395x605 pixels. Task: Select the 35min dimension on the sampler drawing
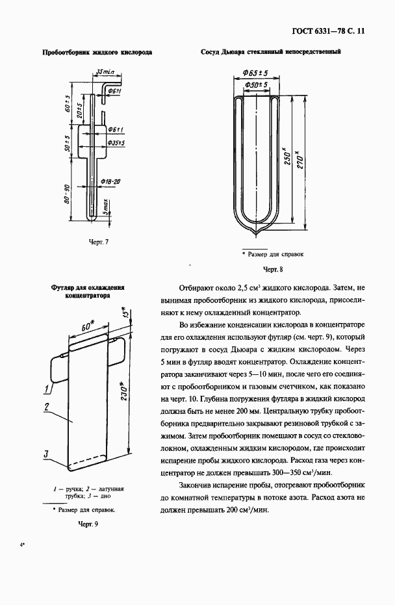click(x=104, y=71)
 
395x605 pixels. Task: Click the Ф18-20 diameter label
click(x=111, y=181)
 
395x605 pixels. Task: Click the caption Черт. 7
click(x=98, y=242)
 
